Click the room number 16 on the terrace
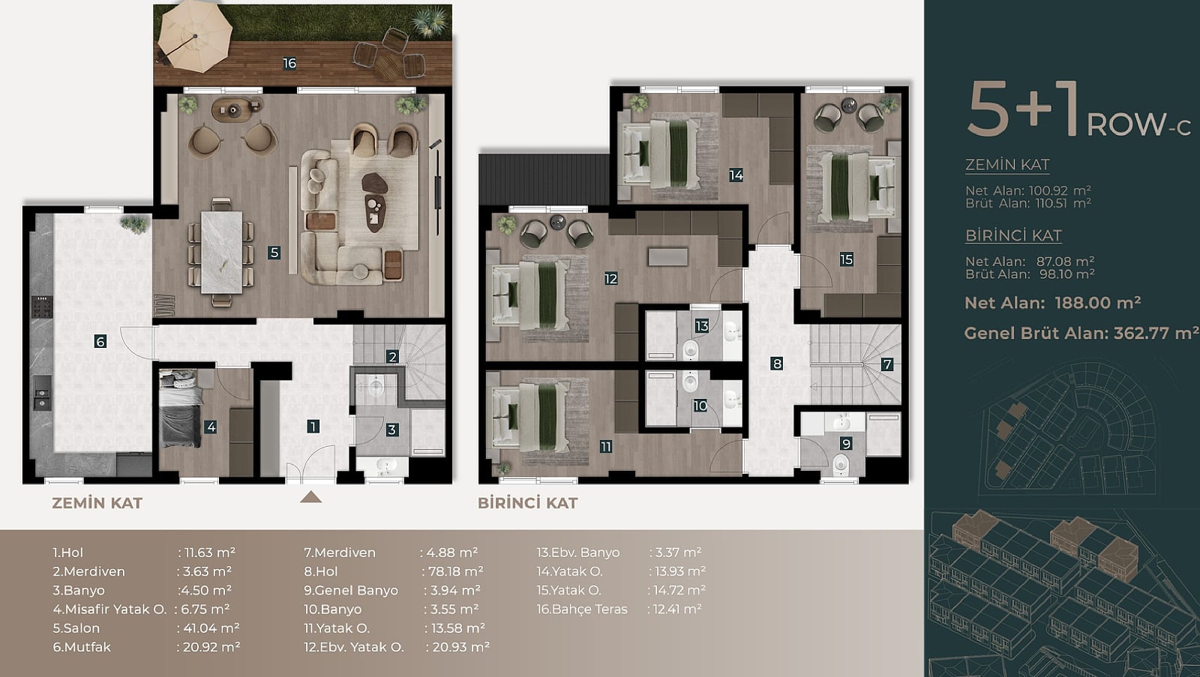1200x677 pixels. tap(289, 63)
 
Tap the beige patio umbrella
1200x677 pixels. tap(195, 37)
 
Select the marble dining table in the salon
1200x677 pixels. tap(221, 252)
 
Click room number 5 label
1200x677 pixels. tap(274, 252)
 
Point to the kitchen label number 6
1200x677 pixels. tap(100, 340)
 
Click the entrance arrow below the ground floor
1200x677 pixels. tap(310, 498)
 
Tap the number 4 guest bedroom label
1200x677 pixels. tap(211, 427)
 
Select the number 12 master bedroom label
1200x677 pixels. tap(610, 278)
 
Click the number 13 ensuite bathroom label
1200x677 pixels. tap(702, 325)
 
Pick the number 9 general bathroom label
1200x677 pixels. tap(846, 444)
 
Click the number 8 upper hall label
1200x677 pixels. tap(777, 364)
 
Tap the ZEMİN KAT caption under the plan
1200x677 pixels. tap(97, 503)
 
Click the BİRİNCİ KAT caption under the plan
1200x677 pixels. tap(528, 503)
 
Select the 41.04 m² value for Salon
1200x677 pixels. tap(211, 628)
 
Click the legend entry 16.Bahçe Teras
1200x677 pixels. tap(582, 609)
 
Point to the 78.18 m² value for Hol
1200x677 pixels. tap(455, 571)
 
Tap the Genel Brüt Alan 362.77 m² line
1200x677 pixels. tap(1081, 333)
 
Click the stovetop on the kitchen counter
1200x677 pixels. tap(42, 307)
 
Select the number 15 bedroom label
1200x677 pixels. tap(847, 259)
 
